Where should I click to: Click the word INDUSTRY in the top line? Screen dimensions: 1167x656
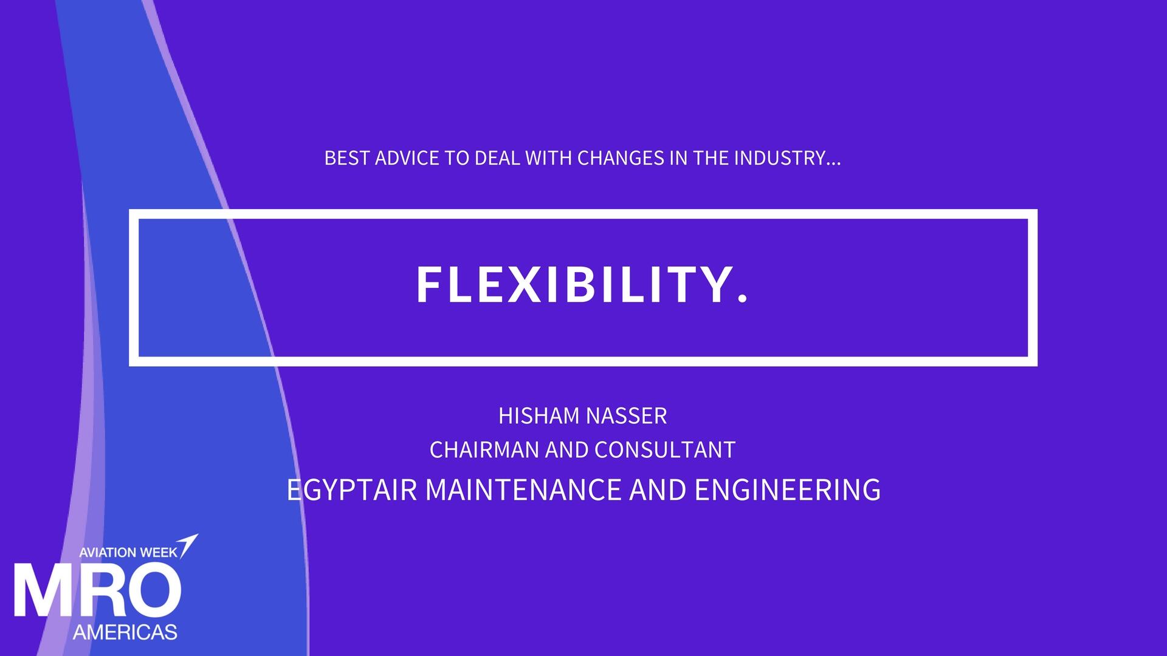(779, 159)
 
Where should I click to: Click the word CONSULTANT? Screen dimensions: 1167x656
(665, 450)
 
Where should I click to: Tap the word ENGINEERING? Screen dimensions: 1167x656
(788, 490)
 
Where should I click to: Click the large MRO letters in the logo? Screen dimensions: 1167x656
(97, 590)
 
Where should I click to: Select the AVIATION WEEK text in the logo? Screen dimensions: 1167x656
(128, 552)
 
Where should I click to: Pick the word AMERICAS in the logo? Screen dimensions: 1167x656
(125, 632)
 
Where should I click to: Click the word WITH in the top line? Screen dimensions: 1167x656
(549, 159)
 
